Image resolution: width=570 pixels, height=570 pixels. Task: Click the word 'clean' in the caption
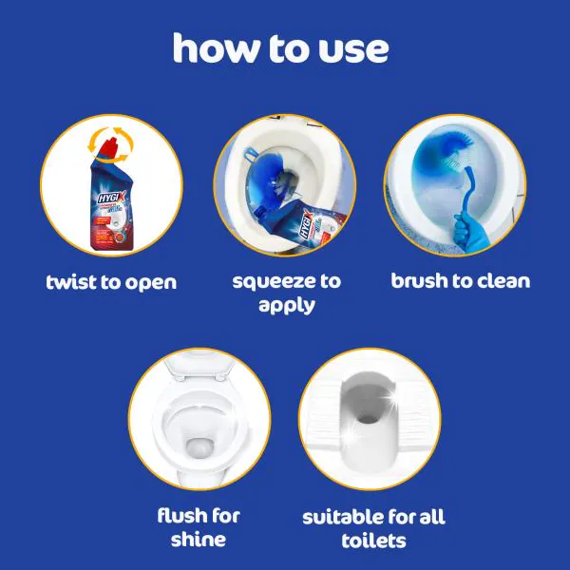tap(500, 281)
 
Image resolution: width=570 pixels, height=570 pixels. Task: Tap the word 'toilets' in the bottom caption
tap(373, 541)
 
